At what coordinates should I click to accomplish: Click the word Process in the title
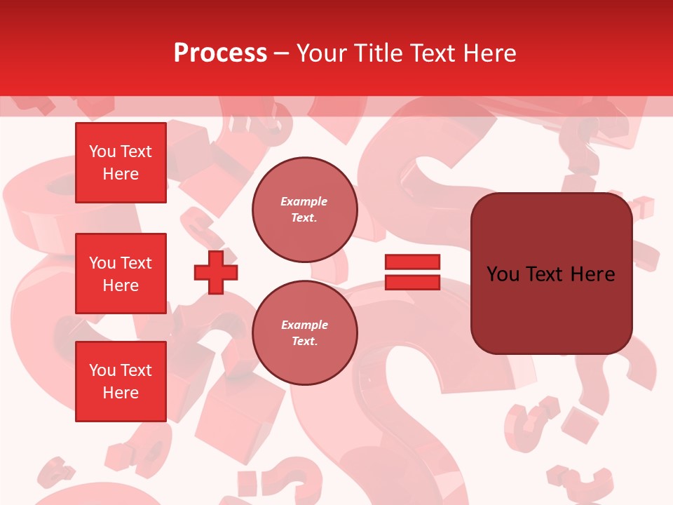pos(220,53)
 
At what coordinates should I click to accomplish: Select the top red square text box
pos(121,163)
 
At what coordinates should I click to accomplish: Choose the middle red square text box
pos(121,274)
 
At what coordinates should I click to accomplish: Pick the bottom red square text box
pos(121,382)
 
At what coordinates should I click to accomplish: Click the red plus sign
pos(216,273)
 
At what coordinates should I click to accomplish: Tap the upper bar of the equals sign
pos(412,262)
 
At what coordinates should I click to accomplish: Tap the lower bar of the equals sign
pos(412,282)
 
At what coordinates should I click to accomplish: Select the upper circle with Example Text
pos(304,210)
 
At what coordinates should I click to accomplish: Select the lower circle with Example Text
pos(304,332)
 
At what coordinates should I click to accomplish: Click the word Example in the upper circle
pos(304,201)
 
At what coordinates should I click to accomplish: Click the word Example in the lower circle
pos(304,325)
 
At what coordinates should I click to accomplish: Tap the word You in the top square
pos(102,151)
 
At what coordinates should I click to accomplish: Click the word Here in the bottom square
pos(121,393)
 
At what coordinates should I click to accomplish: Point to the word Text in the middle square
pos(135,263)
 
